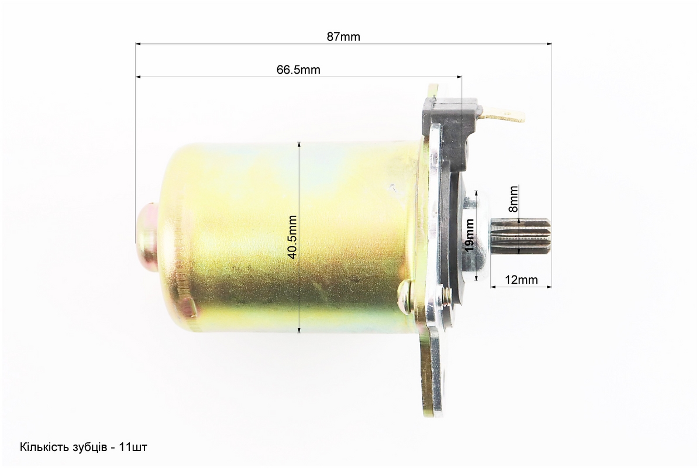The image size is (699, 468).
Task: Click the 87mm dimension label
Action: [x=343, y=36]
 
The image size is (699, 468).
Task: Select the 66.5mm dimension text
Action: [x=298, y=70]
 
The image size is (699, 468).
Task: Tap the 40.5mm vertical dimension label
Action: [x=292, y=237]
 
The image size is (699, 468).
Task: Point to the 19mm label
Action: [x=469, y=235]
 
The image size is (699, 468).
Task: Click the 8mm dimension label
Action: [x=514, y=199]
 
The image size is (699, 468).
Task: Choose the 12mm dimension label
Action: [x=521, y=280]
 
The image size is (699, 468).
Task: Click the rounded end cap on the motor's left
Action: [x=147, y=236]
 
